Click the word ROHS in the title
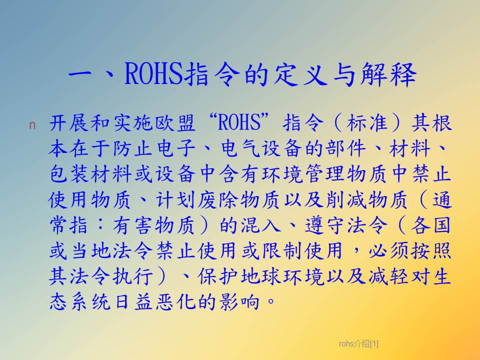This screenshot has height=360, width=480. point(153,74)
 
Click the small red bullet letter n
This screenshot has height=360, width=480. point(32,125)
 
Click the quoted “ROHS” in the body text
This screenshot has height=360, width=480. point(238,122)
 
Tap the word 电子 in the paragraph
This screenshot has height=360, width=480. point(175,148)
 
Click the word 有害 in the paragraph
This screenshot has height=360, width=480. point(133,225)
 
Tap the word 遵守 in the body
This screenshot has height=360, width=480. point(324,225)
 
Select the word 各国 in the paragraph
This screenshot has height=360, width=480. point(430,225)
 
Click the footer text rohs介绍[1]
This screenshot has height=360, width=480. point(358,344)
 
